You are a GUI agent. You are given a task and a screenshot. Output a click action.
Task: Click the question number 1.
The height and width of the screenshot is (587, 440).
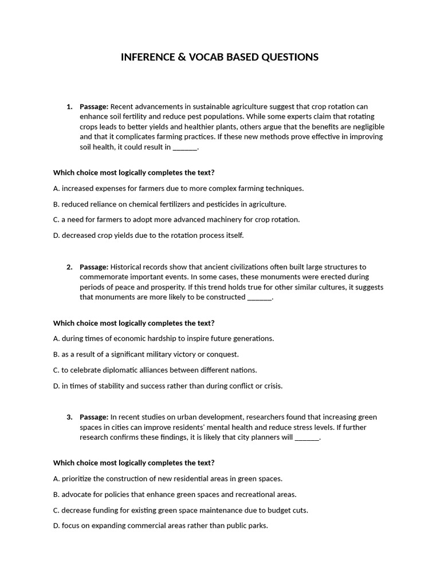(x=69, y=107)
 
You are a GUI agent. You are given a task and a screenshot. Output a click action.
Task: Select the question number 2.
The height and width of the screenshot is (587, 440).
(x=69, y=267)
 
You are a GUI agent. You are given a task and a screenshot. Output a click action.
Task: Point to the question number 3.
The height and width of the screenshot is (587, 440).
(x=69, y=417)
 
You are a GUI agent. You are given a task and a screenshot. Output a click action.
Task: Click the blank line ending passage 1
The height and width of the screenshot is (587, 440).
(x=184, y=148)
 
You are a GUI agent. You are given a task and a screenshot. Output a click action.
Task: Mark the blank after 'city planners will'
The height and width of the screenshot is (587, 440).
(x=307, y=438)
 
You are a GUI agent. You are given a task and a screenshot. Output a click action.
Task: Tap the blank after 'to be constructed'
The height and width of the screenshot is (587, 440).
(x=260, y=298)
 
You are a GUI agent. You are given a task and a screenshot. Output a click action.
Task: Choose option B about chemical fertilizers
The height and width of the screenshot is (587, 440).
(x=170, y=204)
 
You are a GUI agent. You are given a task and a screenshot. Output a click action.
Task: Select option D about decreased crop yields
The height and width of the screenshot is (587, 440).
(x=148, y=235)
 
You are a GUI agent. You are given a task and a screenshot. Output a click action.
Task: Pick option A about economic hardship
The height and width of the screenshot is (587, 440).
(x=163, y=339)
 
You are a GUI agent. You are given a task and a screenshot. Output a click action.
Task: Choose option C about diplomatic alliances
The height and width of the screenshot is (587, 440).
(x=155, y=370)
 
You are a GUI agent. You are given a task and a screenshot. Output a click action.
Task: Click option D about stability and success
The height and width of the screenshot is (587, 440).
(x=168, y=386)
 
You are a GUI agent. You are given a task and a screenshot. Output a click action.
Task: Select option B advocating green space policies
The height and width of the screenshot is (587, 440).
(x=175, y=494)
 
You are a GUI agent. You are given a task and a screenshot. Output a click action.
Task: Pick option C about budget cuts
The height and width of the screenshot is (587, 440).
(x=180, y=510)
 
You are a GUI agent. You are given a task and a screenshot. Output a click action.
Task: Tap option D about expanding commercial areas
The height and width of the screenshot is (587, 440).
(x=160, y=526)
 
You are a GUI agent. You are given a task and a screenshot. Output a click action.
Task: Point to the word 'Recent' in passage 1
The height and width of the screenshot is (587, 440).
(x=121, y=107)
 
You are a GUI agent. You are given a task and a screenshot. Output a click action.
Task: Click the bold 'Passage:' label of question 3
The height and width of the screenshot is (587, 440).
(x=94, y=417)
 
